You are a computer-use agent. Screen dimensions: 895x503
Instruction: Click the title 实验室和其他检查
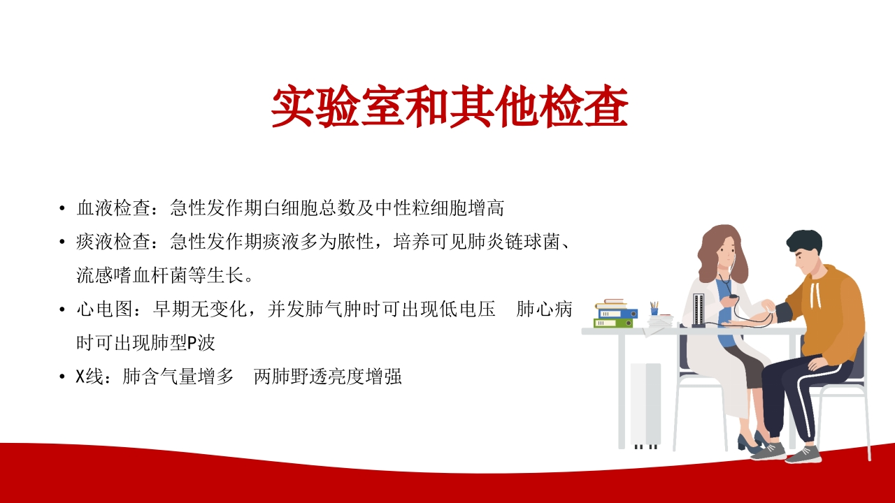[x=450, y=106]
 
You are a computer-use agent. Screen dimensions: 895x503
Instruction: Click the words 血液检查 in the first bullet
[x=113, y=208]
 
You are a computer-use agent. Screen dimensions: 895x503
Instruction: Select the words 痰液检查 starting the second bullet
[x=113, y=242]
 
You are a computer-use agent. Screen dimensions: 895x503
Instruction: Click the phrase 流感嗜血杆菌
[x=132, y=275]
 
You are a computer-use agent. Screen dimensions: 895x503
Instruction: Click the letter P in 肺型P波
[x=192, y=343]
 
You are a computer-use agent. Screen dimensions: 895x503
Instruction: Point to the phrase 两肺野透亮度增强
[x=328, y=377]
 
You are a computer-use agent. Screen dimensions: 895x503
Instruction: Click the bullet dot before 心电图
[x=62, y=309]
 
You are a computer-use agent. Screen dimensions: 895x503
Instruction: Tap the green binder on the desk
[x=613, y=323]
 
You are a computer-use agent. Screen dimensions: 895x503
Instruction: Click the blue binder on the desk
[x=617, y=314]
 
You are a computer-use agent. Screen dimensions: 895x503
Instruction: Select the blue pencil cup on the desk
[x=654, y=311]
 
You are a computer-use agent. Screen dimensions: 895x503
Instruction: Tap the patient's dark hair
[x=804, y=242]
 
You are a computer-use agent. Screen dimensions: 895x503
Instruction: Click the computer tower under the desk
[x=645, y=404]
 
